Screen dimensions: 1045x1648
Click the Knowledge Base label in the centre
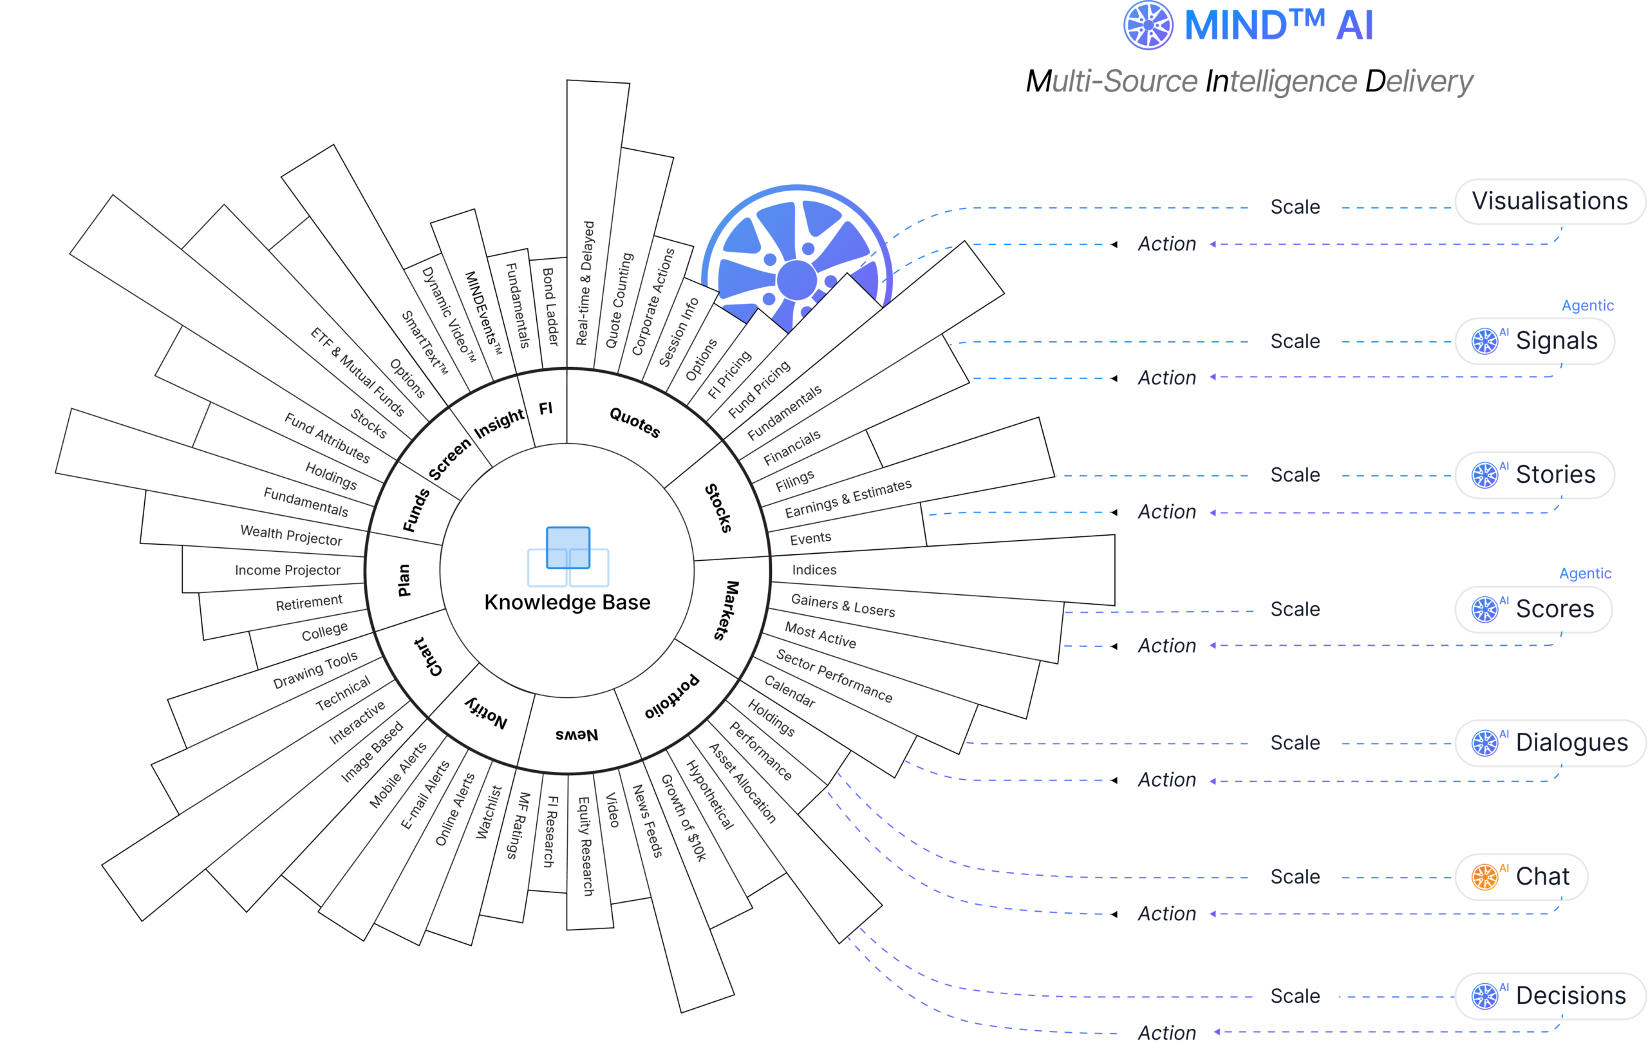point(566,602)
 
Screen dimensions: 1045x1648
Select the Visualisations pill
point(1550,201)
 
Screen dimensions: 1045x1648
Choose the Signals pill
point(1535,341)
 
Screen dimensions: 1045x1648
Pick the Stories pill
point(1535,475)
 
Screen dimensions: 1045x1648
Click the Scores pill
point(1533,609)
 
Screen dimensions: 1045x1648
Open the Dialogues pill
point(1550,742)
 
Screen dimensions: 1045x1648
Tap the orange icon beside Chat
point(1484,877)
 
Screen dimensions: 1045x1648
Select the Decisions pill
point(1550,995)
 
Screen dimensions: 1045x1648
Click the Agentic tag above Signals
point(1587,305)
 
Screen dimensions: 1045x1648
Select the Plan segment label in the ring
point(404,580)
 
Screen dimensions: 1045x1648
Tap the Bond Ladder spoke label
point(550,306)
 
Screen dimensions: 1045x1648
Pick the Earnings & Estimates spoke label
point(848,498)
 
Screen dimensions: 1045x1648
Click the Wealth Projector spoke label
point(291,535)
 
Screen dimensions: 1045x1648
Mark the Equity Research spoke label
point(586,846)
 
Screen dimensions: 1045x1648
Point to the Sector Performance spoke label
point(834,675)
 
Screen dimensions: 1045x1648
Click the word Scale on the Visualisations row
point(1295,207)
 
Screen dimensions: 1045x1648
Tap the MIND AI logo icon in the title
point(1148,25)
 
